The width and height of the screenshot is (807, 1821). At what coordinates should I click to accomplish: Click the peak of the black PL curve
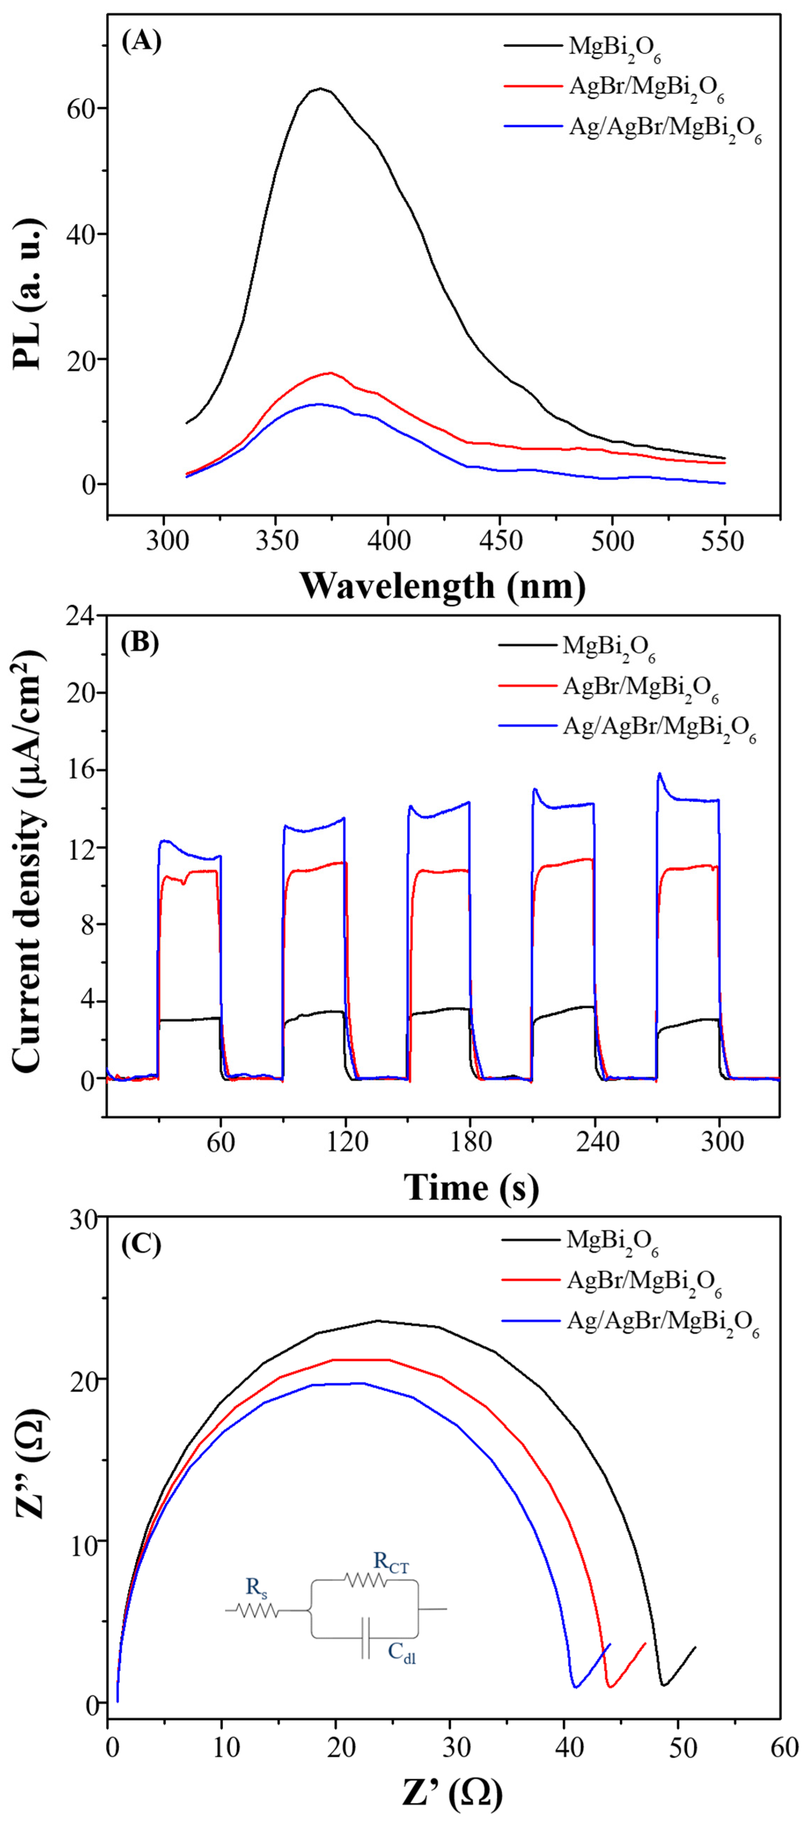(320, 88)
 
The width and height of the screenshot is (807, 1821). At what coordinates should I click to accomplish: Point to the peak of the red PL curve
(329, 372)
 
